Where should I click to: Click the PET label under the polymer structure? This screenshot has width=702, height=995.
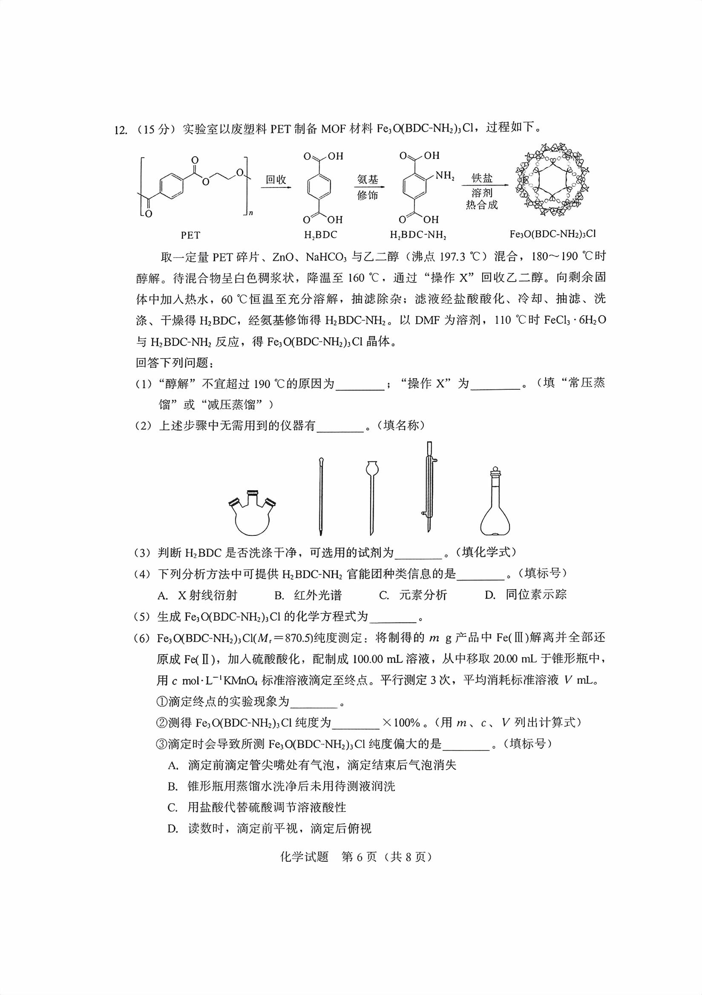click(190, 235)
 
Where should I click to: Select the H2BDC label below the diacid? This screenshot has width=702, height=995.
click(320, 235)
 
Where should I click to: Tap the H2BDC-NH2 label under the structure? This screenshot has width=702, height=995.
click(418, 235)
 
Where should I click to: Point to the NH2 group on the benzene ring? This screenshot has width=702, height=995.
click(444, 175)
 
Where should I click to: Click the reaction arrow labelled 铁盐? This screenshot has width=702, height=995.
click(481, 186)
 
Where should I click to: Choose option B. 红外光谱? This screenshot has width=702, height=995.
click(308, 595)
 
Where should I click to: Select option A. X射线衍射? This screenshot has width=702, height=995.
click(198, 595)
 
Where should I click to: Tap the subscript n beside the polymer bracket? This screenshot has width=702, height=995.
click(250, 213)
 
